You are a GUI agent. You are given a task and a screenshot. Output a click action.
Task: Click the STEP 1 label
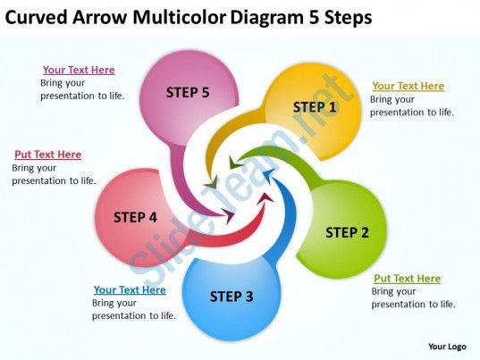pos(315,107)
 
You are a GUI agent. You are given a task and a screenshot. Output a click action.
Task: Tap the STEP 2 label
pos(347,232)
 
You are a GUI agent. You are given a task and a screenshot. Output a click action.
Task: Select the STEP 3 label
pos(232,297)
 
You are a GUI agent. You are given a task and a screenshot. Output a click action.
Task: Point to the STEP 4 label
pos(135,217)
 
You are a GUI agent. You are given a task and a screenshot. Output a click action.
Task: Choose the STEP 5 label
pos(188,92)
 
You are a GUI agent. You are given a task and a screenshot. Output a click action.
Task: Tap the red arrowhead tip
pos(274,201)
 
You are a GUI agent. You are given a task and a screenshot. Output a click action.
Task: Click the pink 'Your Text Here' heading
pos(79,70)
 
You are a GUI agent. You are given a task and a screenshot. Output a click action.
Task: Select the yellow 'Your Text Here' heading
pos(408,86)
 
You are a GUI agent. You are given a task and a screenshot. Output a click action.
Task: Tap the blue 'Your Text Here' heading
pos(130,289)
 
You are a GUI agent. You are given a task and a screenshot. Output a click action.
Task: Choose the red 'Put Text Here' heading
pos(47,155)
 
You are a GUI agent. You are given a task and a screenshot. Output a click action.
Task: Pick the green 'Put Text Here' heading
pos(407,279)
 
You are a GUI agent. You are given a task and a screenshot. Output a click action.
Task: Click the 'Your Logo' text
pos(447,347)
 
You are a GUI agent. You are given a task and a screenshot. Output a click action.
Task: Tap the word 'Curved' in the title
pos(36,18)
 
